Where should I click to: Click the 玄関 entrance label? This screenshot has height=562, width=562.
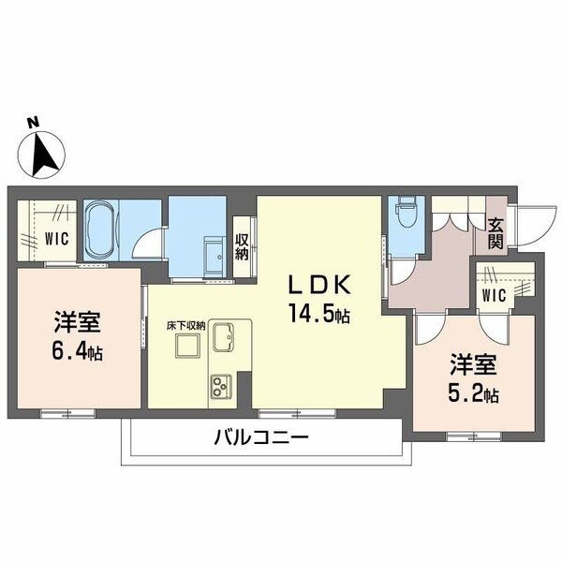(496, 232)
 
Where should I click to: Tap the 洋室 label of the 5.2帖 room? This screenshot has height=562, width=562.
(470, 362)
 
